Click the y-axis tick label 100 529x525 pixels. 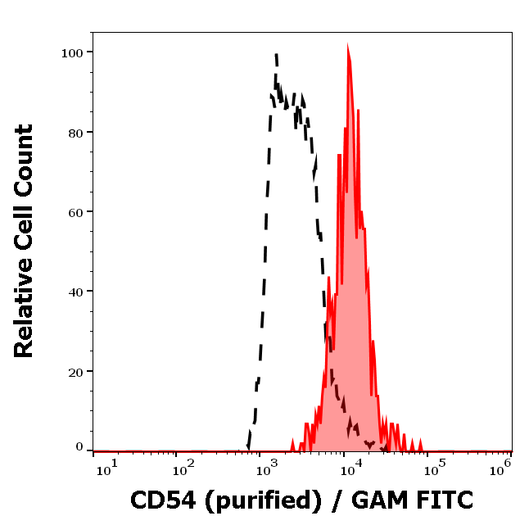[x=72, y=52]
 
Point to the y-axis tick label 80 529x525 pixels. [x=75, y=132]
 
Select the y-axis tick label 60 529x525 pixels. [x=75, y=211]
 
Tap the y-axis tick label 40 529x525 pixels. [x=75, y=291]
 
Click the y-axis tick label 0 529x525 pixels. [x=79, y=447]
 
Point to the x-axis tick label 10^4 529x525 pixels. [x=350, y=467]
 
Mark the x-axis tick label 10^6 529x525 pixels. [x=500, y=467]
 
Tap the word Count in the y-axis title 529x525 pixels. [x=25, y=158]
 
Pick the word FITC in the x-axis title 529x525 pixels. [x=445, y=500]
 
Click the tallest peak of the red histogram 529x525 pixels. [x=348, y=49]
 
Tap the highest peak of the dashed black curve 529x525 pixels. [x=276, y=55]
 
